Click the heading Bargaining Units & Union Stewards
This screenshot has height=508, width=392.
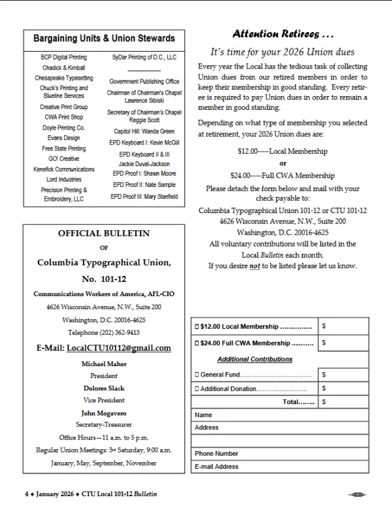click(x=104, y=39)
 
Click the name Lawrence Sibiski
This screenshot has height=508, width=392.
click(x=144, y=101)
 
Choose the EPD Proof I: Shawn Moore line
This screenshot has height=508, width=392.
click(x=144, y=174)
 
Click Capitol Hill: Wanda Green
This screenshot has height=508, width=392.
click(x=144, y=131)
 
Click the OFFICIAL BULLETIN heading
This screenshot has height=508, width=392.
click(x=104, y=233)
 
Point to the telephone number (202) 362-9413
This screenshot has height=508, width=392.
click(x=104, y=332)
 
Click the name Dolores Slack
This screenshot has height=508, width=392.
click(x=104, y=388)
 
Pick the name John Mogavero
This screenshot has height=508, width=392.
click(x=104, y=413)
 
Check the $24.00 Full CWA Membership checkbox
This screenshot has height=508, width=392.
click(x=197, y=343)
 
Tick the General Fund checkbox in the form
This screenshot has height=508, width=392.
click(x=197, y=375)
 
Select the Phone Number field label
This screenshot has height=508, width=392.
click(x=216, y=453)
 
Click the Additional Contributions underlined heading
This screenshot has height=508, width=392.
click(x=255, y=360)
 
